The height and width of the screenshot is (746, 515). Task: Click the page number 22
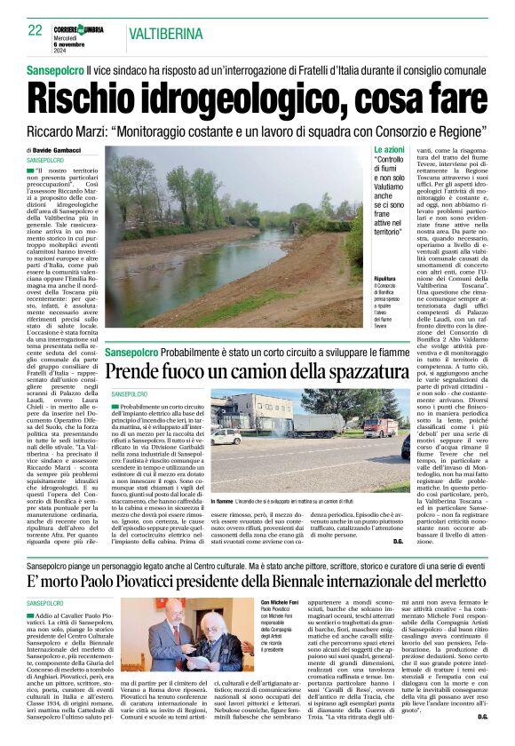36,30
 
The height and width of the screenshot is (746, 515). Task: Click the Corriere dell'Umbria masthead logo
97,31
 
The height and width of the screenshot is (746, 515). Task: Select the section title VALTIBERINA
163,34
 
